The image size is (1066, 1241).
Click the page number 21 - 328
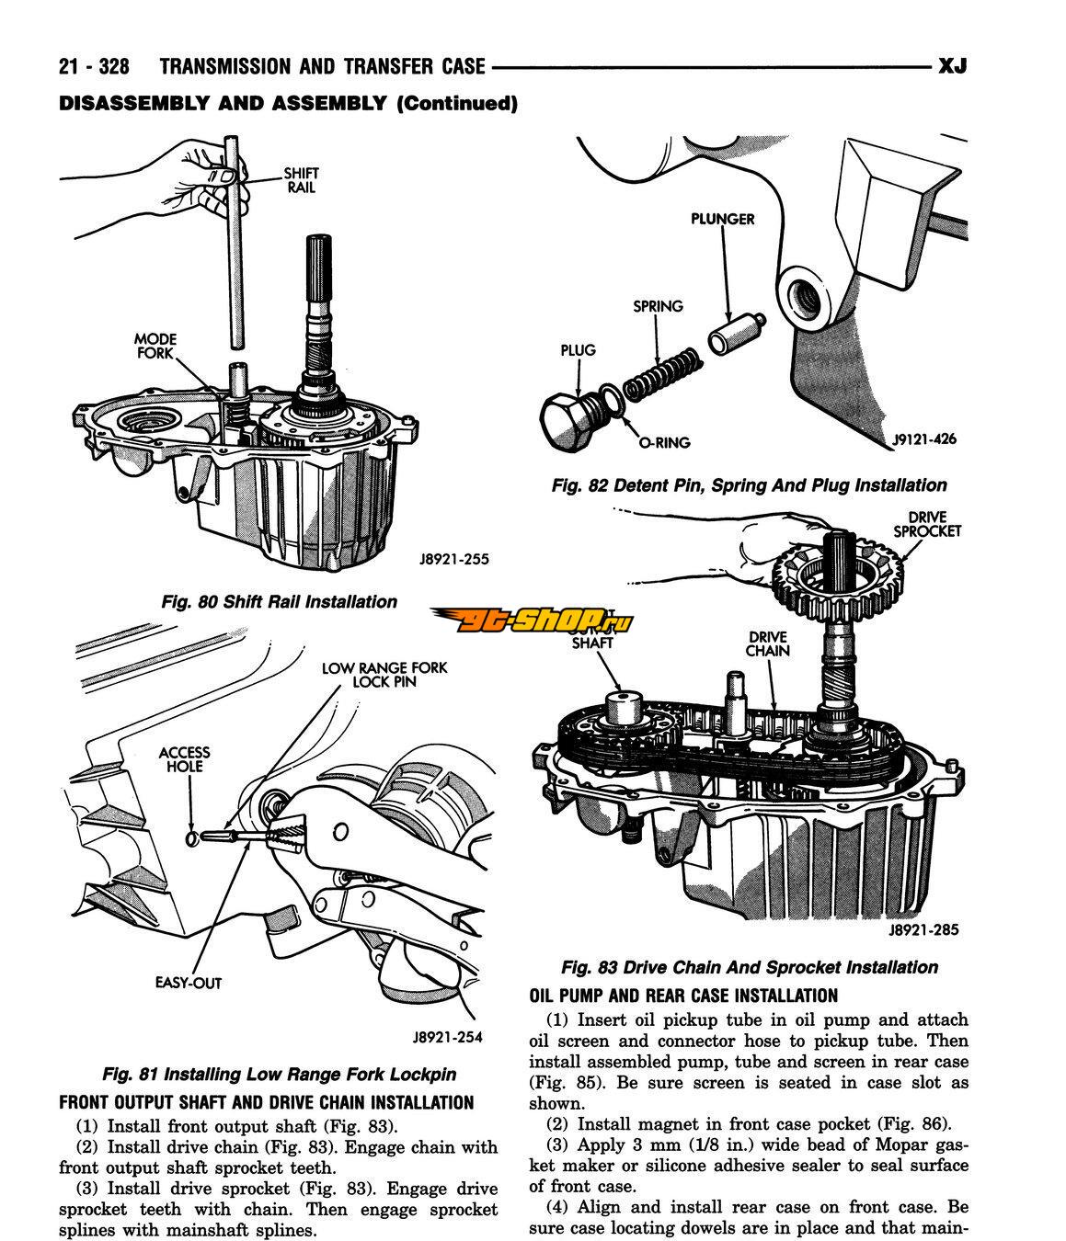tap(93, 67)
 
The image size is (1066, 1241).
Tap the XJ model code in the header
tap(951, 66)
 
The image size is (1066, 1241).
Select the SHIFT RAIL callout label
tap(300, 179)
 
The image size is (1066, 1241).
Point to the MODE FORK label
tap(155, 346)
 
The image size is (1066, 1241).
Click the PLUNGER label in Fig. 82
tap(723, 219)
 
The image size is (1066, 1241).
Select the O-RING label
tap(664, 442)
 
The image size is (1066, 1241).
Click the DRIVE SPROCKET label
tap(926, 524)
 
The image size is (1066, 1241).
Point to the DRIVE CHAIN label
tap(767, 643)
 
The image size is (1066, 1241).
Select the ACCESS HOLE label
tap(184, 759)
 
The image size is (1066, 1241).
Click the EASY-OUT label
tap(189, 983)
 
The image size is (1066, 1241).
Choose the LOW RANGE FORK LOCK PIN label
tap(384, 675)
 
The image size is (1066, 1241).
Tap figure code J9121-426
tap(923, 439)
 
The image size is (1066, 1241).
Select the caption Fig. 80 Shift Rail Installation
tap(279, 602)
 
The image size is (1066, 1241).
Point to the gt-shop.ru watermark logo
tap(533, 623)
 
